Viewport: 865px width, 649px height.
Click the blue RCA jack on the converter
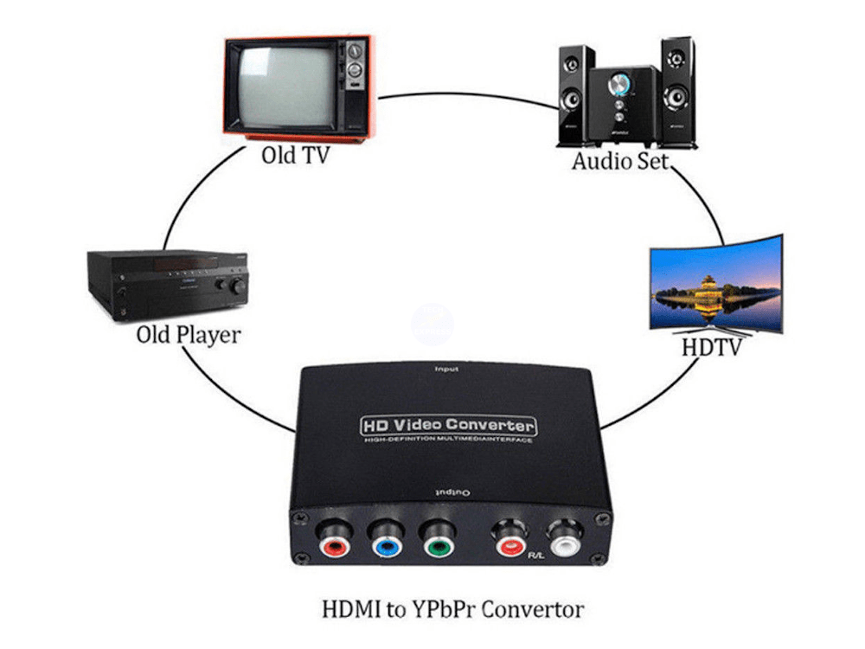(x=383, y=544)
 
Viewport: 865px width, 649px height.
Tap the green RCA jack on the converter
(x=437, y=544)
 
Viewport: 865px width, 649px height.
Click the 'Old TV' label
(x=295, y=157)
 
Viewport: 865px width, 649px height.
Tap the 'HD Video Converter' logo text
(x=447, y=426)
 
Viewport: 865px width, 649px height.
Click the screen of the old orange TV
(x=285, y=86)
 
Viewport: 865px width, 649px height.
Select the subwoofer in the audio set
(x=622, y=103)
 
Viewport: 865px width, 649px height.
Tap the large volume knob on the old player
(x=233, y=286)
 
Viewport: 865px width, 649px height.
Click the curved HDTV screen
(x=716, y=286)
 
